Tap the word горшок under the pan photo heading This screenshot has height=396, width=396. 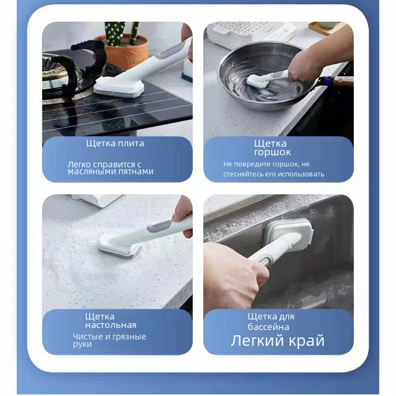click(272, 153)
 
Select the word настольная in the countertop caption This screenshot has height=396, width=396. click(111, 325)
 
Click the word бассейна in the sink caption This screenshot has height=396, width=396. click(268, 327)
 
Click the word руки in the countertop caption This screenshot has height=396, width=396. click(82, 345)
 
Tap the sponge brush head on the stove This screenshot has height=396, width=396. click(119, 87)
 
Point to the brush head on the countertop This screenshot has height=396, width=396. click(119, 245)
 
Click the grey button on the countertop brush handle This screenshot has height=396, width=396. click(159, 226)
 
